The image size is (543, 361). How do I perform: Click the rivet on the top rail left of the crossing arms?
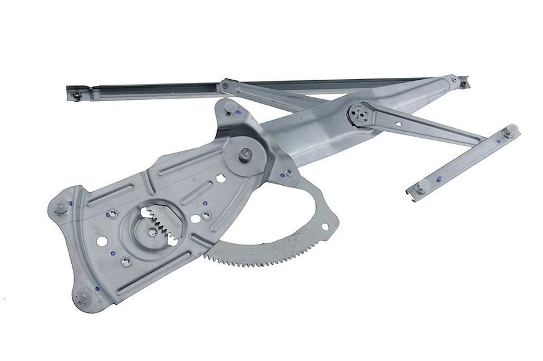[x=226, y=86]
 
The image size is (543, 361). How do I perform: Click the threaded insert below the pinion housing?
[x=126, y=262]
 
